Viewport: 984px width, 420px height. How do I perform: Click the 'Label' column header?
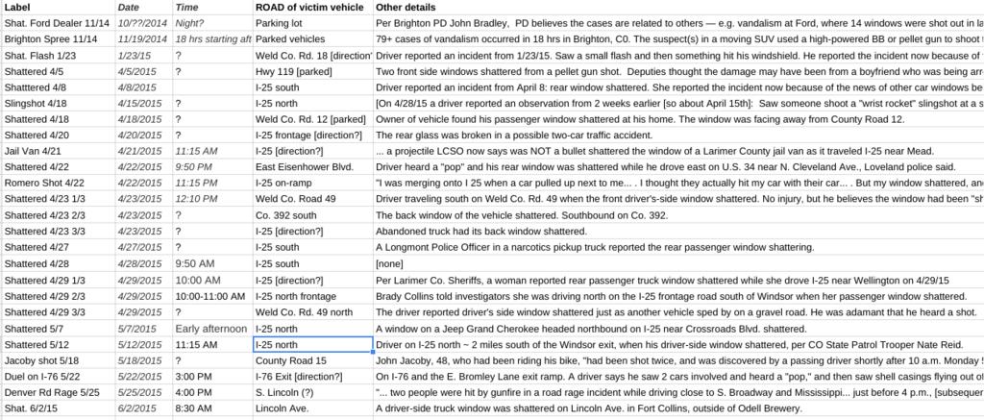coord(19,7)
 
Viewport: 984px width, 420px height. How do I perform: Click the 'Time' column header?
coord(187,7)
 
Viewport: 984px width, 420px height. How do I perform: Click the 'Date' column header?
coord(129,7)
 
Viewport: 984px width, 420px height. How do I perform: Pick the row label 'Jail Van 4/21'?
coord(35,151)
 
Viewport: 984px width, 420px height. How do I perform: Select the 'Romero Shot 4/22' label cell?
coord(46,183)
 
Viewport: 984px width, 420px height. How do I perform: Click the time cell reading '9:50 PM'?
coord(195,167)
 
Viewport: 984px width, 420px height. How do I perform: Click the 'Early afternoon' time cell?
coord(211,328)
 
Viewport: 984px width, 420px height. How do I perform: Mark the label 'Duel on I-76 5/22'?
coord(44,376)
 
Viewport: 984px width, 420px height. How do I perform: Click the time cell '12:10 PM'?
coord(198,199)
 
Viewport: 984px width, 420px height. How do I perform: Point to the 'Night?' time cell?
coord(189,22)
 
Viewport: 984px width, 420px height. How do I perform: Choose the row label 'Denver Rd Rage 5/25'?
coord(52,392)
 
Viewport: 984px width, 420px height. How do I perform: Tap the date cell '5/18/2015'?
coord(140,360)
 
